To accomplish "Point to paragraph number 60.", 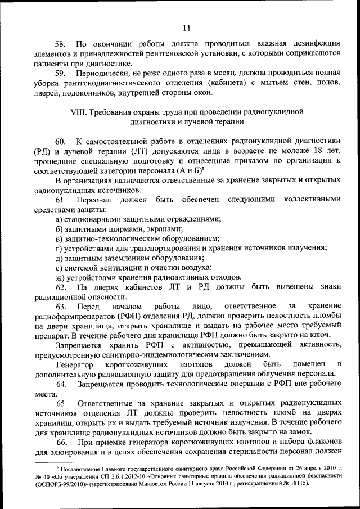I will pyautogui.click(x=61, y=141).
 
